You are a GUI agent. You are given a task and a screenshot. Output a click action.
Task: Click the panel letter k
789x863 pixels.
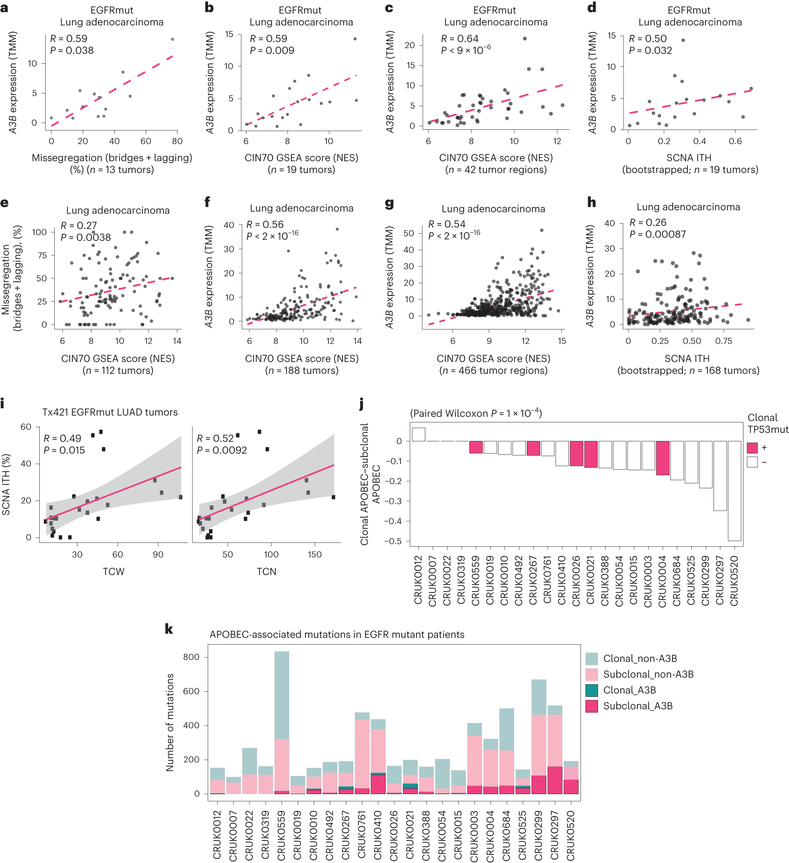[169, 629]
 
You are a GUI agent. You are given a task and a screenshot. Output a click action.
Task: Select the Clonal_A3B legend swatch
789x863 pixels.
[591, 690]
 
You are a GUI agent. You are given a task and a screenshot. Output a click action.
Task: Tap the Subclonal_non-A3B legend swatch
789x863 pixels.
[591, 674]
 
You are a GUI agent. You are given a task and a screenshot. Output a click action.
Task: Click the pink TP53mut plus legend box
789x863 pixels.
[752, 448]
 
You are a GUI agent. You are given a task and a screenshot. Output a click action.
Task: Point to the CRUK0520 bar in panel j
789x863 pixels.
[734, 491]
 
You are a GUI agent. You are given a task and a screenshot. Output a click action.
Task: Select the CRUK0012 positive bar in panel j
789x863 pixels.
[418, 434]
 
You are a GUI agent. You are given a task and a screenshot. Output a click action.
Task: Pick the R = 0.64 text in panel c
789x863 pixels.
[459, 39]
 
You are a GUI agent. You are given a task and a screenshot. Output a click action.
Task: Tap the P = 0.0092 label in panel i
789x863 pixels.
[222, 450]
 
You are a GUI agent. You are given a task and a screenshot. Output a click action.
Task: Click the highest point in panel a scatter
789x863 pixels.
[172, 39]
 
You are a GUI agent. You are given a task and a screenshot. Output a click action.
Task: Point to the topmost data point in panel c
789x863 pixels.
[525, 39]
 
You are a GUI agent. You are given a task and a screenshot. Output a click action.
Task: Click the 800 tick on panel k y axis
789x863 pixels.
[191, 657]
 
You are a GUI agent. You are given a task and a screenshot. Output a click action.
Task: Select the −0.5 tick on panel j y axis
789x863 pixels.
[392, 541]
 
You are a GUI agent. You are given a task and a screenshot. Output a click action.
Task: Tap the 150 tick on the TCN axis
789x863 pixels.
[314, 554]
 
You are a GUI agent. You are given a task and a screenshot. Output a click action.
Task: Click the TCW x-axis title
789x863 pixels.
[113, 571]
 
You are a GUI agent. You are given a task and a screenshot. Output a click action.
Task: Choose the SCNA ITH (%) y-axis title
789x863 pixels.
[6, 484]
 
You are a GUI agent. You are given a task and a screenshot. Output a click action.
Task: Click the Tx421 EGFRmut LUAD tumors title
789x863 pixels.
[110, 412]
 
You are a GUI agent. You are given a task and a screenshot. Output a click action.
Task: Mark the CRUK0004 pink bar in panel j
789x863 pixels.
[662, 458]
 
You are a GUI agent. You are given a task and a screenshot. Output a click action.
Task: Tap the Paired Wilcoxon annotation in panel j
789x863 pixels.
[476, 413]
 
